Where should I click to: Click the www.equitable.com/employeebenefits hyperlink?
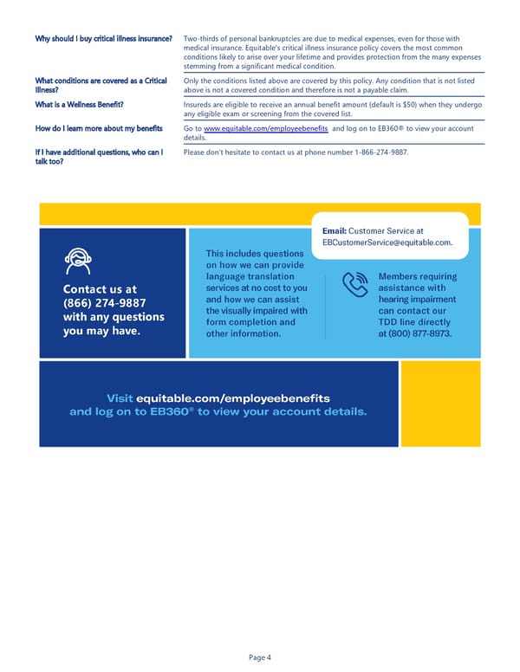pos(266,128)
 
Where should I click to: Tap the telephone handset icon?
pos(355,285)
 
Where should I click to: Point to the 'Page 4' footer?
pos(260,657)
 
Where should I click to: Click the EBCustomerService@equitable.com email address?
pos(387,242)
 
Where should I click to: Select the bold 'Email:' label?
pos(334,231)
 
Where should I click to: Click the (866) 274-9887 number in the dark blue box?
pos(104,302)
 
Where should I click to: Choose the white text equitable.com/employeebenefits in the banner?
pos(233,397)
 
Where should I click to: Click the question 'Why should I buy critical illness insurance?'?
pos(104,38)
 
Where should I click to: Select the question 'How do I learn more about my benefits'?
pos(99,128)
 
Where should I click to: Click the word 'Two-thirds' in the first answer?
pos(205,38)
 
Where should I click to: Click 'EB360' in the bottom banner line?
pos(170,411)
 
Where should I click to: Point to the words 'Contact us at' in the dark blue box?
pos(100,288)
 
